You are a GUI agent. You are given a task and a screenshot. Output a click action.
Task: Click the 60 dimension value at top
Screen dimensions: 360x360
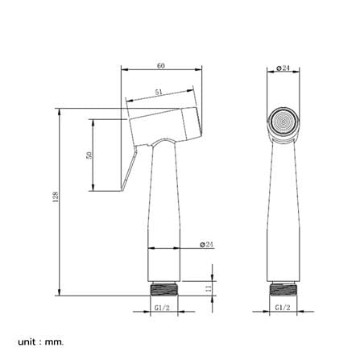click(x=161, y=65)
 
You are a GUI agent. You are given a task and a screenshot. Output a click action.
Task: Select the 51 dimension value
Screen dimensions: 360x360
click(x=159, y=92)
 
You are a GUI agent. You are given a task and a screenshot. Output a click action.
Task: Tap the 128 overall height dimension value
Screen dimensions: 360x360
click(x=56, y=197)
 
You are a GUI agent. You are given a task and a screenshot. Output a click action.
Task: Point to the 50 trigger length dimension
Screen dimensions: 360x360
click(x=89, y=155)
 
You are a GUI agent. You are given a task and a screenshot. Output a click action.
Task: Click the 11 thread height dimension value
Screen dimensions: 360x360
click(x=208, y=289)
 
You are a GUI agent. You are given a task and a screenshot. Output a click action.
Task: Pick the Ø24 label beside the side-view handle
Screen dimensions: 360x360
click(x=206, y=244)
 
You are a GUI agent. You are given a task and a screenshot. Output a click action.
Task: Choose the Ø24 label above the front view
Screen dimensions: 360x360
click(x=283, y=68)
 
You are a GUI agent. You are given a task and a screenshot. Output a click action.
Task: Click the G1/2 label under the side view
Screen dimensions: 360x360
click(x=162, y=308)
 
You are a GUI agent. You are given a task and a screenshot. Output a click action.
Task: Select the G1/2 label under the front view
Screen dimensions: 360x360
click(x=283, y=308)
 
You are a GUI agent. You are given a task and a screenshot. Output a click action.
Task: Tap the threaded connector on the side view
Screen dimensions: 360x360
click(x=164, y=289)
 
